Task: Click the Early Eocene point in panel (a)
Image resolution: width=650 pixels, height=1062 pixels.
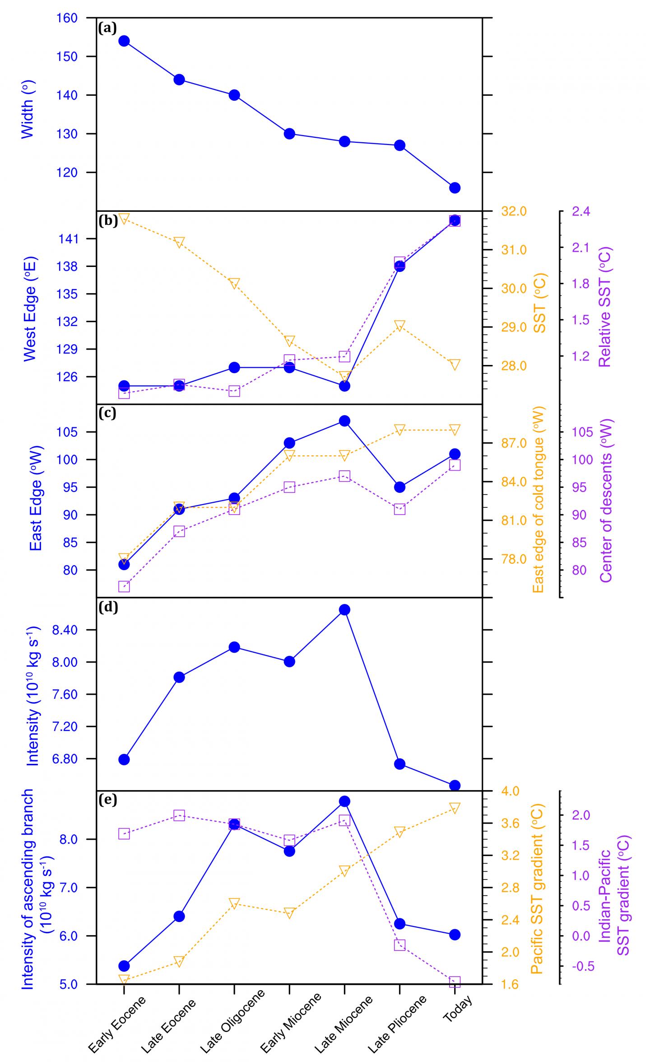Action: [x=124, y=41]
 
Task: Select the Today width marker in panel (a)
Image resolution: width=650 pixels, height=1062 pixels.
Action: [x=455, y=188]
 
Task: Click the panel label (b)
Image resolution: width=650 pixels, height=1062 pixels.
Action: [x=107, y=221]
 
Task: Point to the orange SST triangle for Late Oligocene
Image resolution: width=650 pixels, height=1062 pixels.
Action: [x=234, y=284]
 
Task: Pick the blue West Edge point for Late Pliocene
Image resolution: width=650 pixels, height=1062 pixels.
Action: [x=399, y=266]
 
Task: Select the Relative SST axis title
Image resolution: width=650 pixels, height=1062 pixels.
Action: [x=604, y=307]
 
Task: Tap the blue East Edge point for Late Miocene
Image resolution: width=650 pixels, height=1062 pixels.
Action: [x=344, y=421]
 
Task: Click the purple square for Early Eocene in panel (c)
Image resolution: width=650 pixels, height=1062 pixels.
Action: [x=124, y=587]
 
